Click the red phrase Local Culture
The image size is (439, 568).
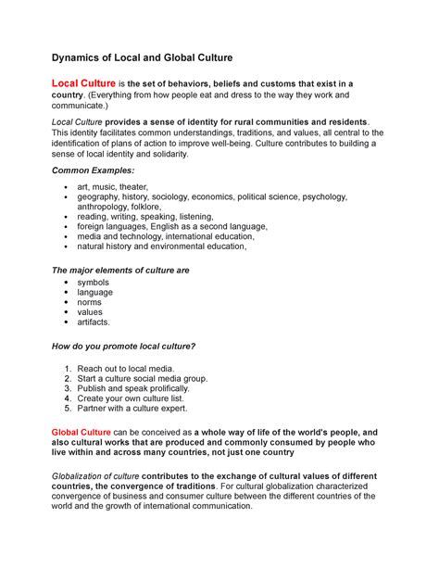(82, 84)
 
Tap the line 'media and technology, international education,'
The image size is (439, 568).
(165, 236)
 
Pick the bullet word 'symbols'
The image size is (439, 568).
(94, 282)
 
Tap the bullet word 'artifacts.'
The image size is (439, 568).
(94, 322)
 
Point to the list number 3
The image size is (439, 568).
(68, 388)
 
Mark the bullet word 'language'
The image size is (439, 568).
(95, 292)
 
